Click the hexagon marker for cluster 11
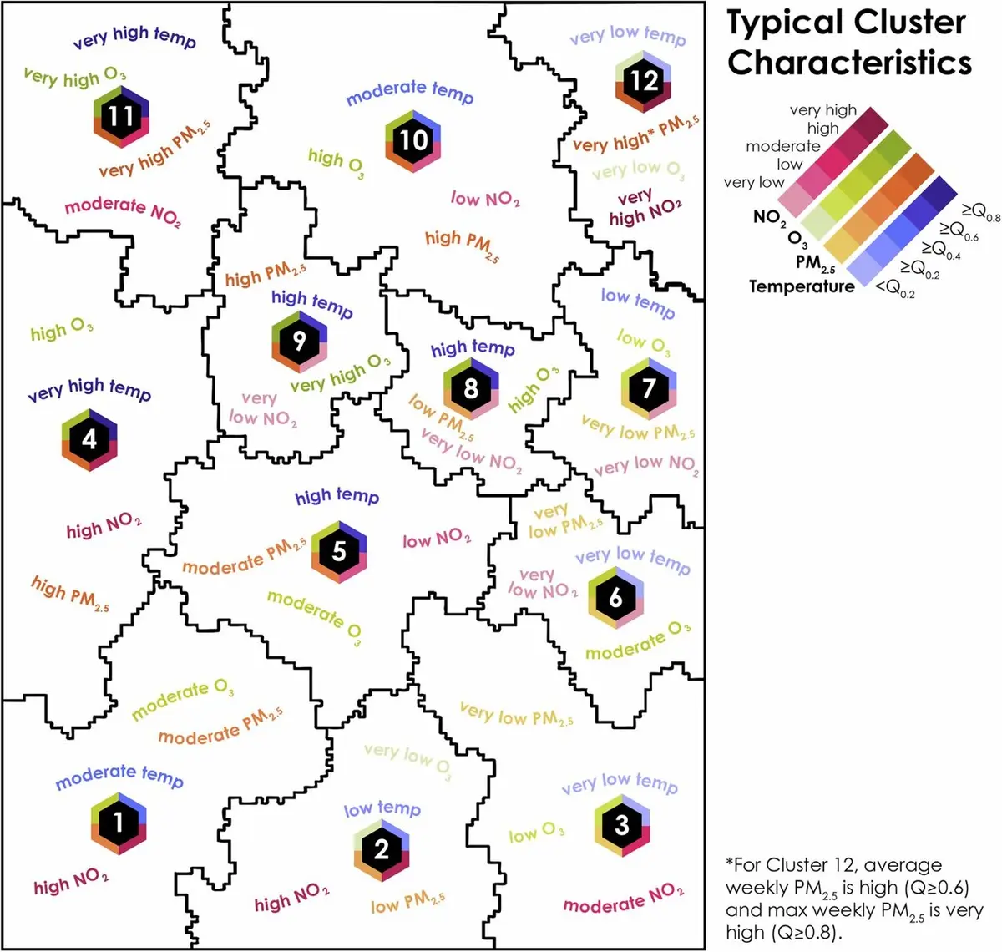[x=121, y=116]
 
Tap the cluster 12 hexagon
[x=643, y=82]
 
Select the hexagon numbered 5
[x=339, y=552]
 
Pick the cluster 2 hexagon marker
[x=382, y=850]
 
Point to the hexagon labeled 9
[x=299, y=341]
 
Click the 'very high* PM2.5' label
[x=636, y=134]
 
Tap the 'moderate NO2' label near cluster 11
[x=123, y=210]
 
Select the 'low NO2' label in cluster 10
[x=485, y=199]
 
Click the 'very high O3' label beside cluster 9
[x=341, y=373]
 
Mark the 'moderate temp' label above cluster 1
[x=119, y=777]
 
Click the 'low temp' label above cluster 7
[x=638, y=302]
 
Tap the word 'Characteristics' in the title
[x=849, y=63]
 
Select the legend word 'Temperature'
[x=802, y=286]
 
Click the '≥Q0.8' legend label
[x=980, y=212]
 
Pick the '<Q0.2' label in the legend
[x=895, y=289]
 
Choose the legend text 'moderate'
[x=783, y=147]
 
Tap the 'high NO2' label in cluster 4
[x=104, y=526]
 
